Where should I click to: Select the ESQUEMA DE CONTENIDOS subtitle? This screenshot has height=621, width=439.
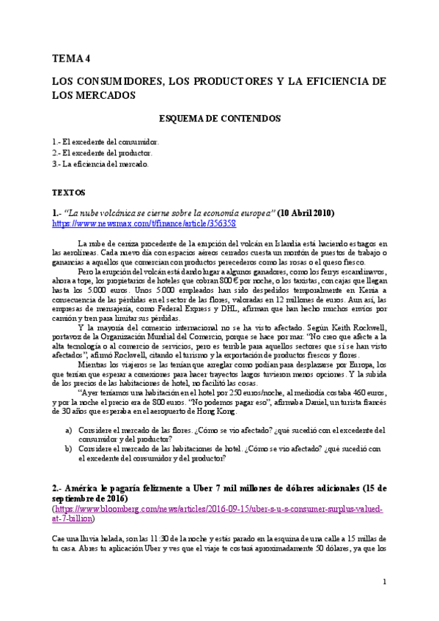pyautogui.click(x=220, y=118)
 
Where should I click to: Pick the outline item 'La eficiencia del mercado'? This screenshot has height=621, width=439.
pyautogui.click(x=100, y=164)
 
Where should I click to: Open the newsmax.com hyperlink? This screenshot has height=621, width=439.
pyautogui.click(x=144, y=223)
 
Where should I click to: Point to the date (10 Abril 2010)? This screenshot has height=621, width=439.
pyautogui.click(x=306, y=212)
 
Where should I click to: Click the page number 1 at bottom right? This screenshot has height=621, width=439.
pyautogui.click(x=384, y=581)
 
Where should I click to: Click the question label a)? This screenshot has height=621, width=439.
pyautogui.click(x=69, y=430)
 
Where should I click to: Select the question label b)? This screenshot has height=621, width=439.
pyautogui.click(x=69, y=449)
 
